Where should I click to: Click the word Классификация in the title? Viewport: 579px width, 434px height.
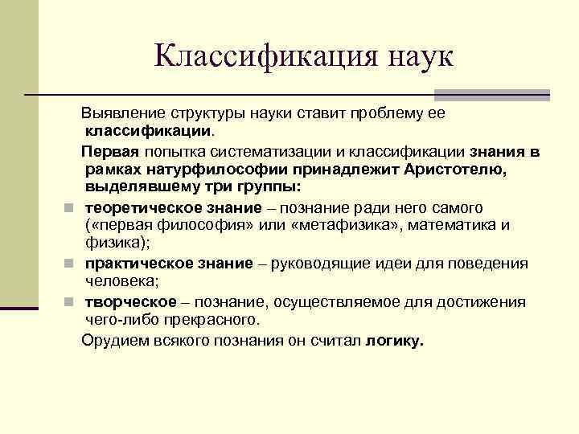coord(257,55)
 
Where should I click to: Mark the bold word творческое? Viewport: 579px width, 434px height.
coord(130,301)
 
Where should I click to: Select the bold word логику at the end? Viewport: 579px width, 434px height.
coord(393,340)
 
